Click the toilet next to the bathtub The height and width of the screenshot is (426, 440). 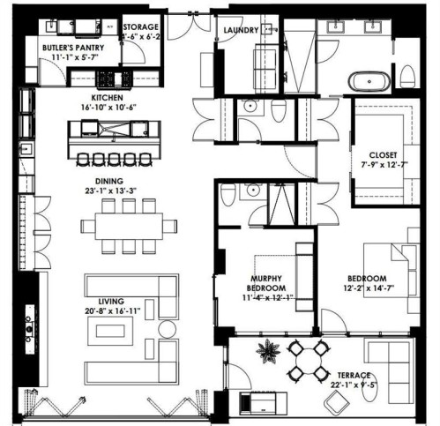click(407, 76)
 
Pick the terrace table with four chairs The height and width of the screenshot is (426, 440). click(309, 360)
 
